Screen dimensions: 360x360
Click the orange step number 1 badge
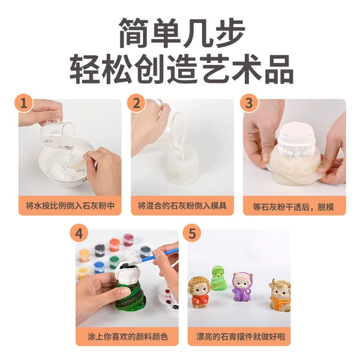[23, 103]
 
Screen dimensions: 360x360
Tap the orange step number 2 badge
[136, 103]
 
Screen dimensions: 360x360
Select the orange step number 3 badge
[249, 103]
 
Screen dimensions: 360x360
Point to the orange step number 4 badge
[79, 233]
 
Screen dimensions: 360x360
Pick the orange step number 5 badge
[192, 233]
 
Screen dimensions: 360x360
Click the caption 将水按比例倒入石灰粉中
[70, 205]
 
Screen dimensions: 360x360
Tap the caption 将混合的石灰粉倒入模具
[182, 205]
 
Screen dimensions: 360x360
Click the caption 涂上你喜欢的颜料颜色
[127, 337]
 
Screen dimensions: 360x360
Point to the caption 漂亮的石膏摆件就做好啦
[241, 337]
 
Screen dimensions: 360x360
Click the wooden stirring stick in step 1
[77, 164]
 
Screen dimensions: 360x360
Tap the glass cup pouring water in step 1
[57, 134]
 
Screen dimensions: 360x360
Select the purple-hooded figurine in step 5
[240, 287]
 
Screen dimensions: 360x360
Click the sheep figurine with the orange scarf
[280, 295]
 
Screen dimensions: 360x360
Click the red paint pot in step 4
[128, 239]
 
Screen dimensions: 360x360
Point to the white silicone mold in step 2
[182, 167]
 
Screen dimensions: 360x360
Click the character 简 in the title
[135, 32]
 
